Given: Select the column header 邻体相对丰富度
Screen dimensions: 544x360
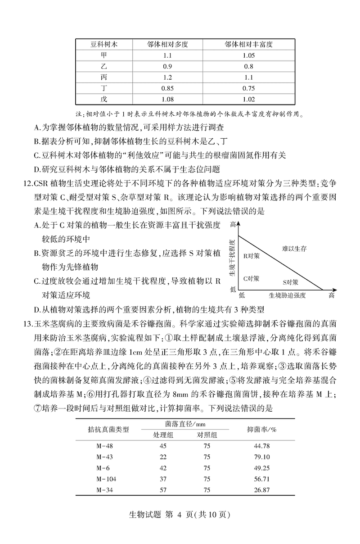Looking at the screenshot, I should tap(249, 44).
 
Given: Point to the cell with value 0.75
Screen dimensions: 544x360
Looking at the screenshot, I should tap(249, 88).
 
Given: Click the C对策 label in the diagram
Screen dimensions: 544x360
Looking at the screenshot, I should tap(251, 278).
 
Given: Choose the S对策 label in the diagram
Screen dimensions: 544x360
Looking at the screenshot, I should tap(290, 282).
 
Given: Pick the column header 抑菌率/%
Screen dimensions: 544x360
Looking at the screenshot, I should tap(262, 429).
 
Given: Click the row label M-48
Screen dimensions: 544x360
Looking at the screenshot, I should tap(104, 446).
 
